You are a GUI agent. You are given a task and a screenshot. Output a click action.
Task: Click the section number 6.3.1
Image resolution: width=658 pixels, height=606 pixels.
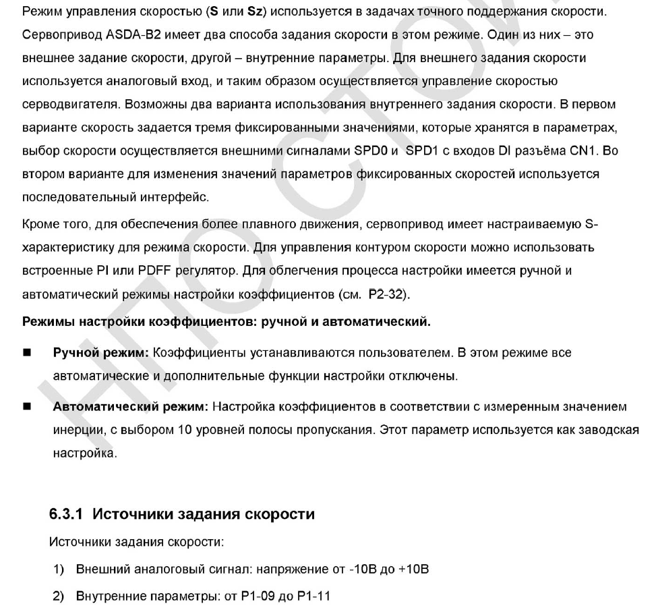(x=67, y=514)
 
